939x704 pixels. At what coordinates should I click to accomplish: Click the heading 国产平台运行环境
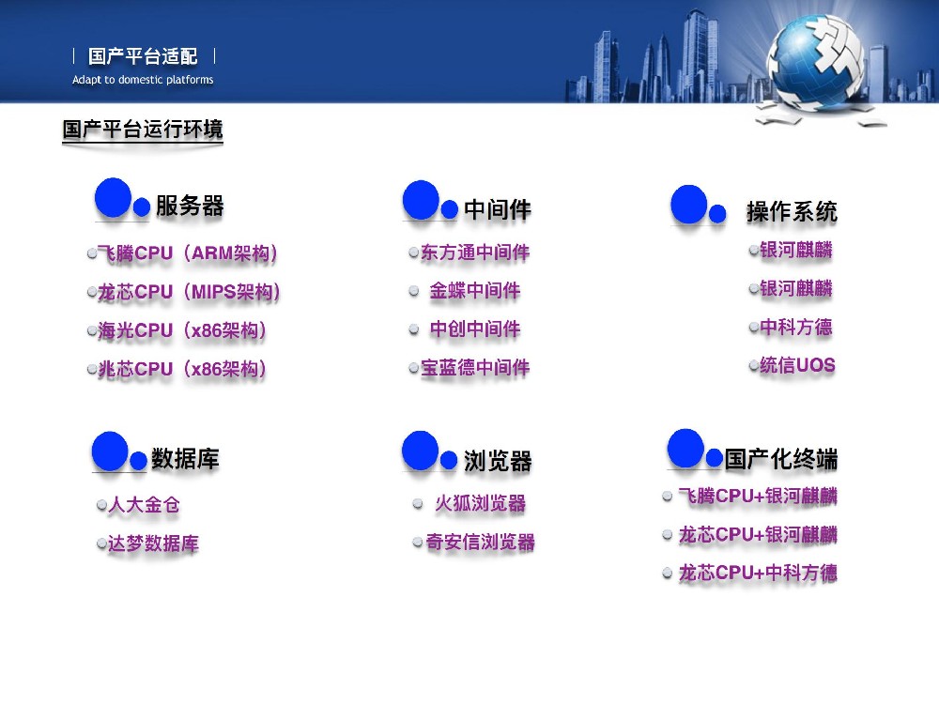(143, 130)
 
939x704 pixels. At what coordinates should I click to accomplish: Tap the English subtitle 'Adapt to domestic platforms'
(143, 80)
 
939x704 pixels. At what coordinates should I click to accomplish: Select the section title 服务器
(190, 207)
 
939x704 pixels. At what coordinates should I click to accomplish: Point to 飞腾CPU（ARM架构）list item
(188, 253)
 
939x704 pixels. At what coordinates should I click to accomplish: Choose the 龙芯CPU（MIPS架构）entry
(190, 292)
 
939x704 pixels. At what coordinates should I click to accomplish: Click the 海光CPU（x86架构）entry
(183, 330)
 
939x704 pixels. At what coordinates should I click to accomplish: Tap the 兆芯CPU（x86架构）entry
(183, 369)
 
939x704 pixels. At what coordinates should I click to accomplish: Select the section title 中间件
(498, 209)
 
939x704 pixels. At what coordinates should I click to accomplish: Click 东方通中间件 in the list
(475, 253)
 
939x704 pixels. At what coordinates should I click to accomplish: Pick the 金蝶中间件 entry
(475, 291)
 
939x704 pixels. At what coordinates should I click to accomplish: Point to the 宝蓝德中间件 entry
(475, 368)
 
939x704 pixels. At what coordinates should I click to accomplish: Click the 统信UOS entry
(797, 365)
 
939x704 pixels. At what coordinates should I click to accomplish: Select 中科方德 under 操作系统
(796, 328)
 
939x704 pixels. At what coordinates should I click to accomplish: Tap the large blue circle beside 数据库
(110, 451)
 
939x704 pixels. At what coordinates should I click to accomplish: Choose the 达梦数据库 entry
(153, 543)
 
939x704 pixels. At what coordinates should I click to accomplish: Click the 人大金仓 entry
(144, 505)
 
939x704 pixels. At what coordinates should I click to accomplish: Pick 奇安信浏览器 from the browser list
(480, 542)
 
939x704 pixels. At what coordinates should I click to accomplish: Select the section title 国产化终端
(781, 459)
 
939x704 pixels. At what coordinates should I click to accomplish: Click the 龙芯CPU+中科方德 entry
(758, 573)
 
